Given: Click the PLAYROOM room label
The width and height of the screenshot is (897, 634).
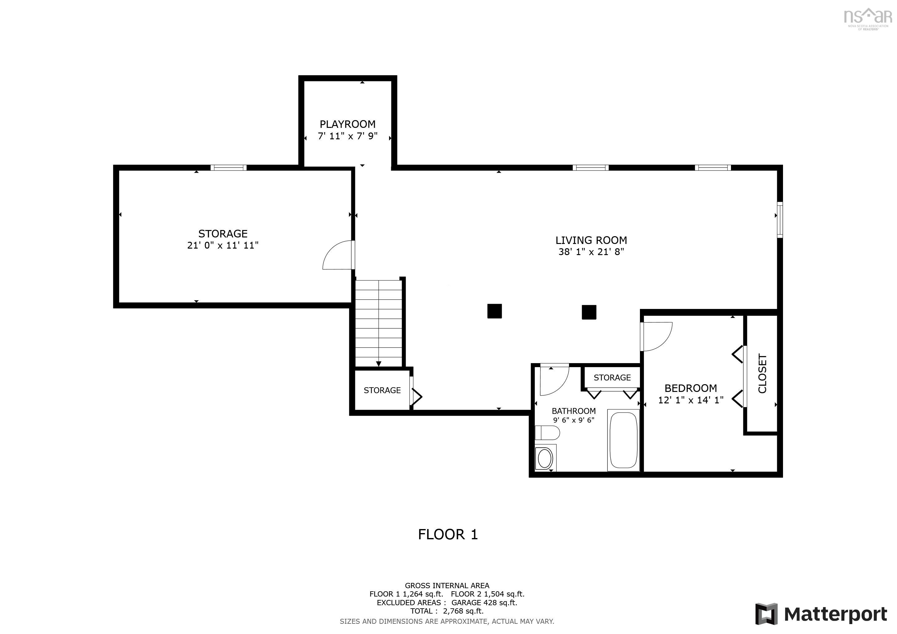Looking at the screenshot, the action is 347,124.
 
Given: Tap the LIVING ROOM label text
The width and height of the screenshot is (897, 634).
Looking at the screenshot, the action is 591,240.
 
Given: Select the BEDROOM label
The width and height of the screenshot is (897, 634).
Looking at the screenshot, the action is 691,388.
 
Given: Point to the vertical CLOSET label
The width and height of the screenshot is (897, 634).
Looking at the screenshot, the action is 762,374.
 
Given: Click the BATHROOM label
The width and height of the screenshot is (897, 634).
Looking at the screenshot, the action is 574,411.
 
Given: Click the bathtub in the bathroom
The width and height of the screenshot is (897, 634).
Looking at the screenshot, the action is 623,440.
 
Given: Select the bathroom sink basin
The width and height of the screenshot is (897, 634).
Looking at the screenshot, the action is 545,458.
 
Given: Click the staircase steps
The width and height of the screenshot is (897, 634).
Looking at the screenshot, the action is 378,323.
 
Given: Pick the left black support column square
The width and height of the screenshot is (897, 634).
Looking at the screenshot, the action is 494,311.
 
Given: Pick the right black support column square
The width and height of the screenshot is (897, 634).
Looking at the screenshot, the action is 589,312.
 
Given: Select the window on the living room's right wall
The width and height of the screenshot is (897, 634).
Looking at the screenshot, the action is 779,219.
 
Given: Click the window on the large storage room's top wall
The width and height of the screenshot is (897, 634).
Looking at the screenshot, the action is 229,168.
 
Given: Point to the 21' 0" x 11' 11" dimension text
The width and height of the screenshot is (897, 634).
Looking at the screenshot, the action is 223,245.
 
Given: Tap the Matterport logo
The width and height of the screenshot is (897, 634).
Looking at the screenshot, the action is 821,614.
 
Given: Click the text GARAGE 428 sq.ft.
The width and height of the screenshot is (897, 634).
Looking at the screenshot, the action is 484,602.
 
